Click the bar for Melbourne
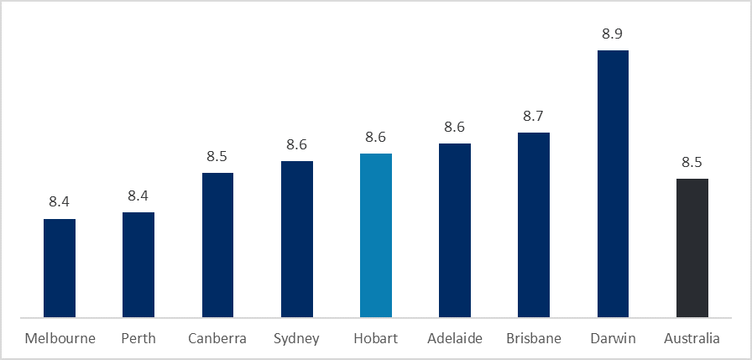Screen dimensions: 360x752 [x=60, y=268]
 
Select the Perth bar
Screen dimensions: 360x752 [x=138, y=264]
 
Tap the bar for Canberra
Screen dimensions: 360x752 [x=217, y=245]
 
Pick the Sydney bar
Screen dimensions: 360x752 [x=296, y=239]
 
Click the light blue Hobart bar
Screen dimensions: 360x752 [x=375, y=235]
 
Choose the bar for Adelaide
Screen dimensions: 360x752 [x=454, y=230]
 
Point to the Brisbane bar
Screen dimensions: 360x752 [x=533, y=225]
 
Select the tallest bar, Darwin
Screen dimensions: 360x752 [x=613, y=184]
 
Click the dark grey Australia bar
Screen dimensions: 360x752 [x=692, y=248]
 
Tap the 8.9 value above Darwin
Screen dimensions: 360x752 [x=613, y=34]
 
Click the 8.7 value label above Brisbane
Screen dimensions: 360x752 [x=533, y=117]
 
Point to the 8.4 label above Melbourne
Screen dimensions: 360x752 [x=60, y=201]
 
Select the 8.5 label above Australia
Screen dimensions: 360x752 [x=692, y=163]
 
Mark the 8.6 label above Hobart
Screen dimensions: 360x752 [x=375, y=138]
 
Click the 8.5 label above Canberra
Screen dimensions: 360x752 [x=217, y=157]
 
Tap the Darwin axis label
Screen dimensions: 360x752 [x=613, y=339]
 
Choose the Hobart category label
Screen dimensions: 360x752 [x=375, y=339]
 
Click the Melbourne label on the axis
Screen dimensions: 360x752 [x=60, y=339]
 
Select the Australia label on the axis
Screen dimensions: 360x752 [x=692, y=339]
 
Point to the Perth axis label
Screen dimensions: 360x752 [x=138, y=339]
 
